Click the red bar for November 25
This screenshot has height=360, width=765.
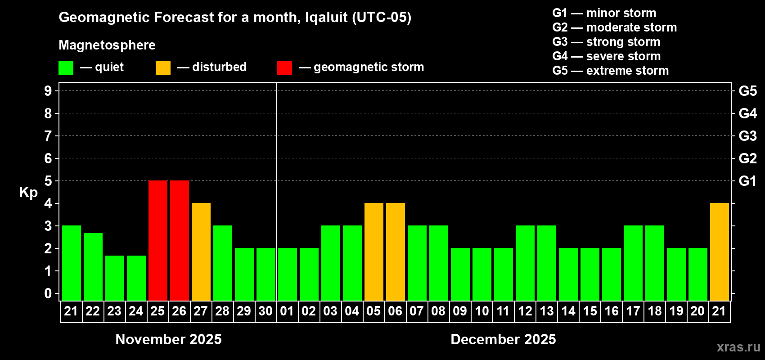point(158,240)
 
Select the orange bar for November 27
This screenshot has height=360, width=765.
point(201,252)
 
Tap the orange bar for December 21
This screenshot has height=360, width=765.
point(719,252)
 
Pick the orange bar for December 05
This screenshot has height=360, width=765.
point(374,252)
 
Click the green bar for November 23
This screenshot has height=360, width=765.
point(115,278)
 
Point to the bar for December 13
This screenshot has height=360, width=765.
point(547,263)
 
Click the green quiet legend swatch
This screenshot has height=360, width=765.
point(66,68)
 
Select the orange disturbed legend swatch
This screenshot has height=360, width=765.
point(163,68)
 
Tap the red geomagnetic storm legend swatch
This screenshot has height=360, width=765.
point(284,68)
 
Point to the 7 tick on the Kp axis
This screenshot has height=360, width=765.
point(48,136)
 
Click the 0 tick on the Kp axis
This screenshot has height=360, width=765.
point(48,294)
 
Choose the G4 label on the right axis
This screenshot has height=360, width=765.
point(747,113)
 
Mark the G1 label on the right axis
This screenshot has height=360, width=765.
point(747,181)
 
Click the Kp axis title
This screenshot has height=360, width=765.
point(28,192)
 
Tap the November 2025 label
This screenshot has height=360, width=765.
point(168,339)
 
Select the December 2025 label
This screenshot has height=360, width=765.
point(503,339)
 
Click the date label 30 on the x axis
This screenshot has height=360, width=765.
point(265,311)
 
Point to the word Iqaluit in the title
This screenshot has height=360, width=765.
point(326,18)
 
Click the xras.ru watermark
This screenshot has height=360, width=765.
point(738,347)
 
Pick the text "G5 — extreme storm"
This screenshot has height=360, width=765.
point(610,71)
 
